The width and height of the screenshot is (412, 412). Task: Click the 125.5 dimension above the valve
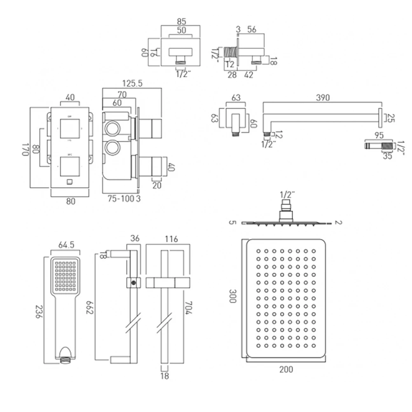coord(132,84)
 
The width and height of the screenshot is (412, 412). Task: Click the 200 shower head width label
coord(285,369)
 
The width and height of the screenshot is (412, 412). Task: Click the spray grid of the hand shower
coord(64,274)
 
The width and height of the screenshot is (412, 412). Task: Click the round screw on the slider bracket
coord(133,283)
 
